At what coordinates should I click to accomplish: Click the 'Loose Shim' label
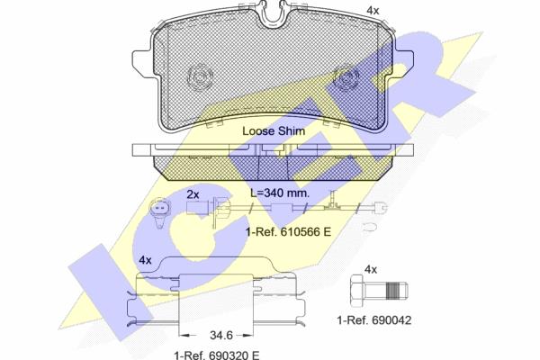coord(274,130)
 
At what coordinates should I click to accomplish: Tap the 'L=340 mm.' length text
coord(280,193)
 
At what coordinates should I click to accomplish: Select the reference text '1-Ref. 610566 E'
coord(289,232)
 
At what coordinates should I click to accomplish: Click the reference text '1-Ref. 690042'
coord(374,320)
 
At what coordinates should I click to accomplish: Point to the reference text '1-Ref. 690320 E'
coord(217,355)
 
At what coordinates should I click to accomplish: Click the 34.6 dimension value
coord(221,335)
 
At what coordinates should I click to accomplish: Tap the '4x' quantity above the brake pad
coord(373,11)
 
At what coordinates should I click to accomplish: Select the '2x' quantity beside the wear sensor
coord(193,194)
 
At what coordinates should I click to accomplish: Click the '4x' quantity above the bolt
coord(371,269)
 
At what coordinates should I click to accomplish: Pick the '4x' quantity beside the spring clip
coord(145,260)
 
